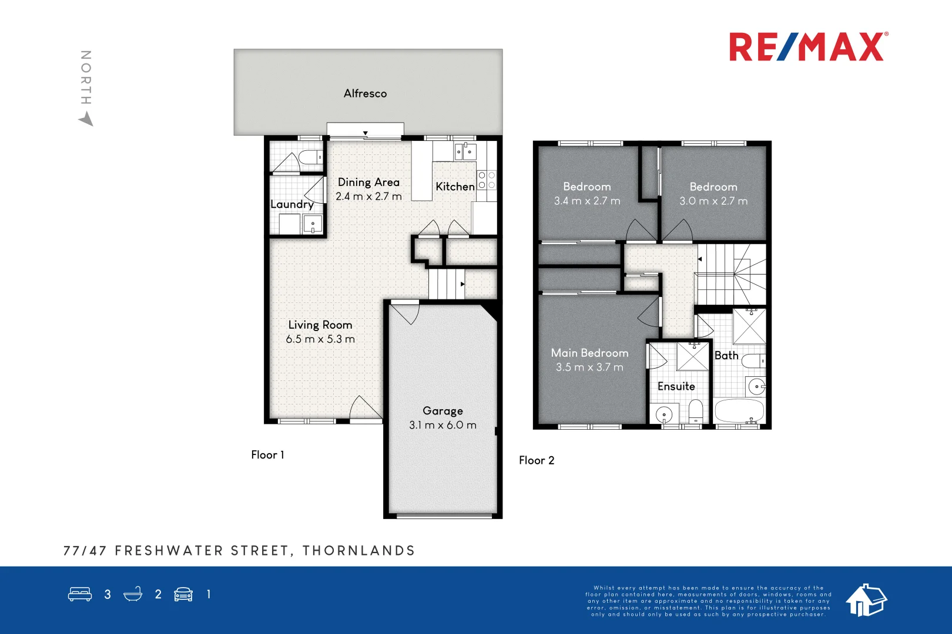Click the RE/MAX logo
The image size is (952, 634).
click(x=808, y=47)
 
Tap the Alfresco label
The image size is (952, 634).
click(x=365, y=93)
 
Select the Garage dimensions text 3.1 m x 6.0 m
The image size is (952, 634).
click(x=443, y=425)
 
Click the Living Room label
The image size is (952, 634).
click(x=320, y=325)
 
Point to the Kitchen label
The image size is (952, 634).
click(x=455, y=187)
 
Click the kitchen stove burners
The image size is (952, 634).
click(x=487, y=180)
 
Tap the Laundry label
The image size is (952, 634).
click(x=291, y=204)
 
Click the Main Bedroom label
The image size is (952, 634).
click(x=589, y=353)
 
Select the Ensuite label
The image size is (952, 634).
click(x=676, y=386)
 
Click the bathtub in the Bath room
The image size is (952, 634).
click(x=739, y=411)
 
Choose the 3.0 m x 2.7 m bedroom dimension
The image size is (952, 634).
click(x=713, y=201)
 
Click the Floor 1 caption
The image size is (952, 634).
click(x=267, y=455)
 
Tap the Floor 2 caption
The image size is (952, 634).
click(x=537, y=460)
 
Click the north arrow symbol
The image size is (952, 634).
click(x=86, y=119)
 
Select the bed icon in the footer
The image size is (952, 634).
click(x=80, y=594)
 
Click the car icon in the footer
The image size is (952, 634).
click(x=183, y=594)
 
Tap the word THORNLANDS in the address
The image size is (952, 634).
click(x=358, y=551)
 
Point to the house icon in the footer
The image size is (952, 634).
click(x=866, y=600)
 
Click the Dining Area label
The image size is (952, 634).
click(x=368, y=183)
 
